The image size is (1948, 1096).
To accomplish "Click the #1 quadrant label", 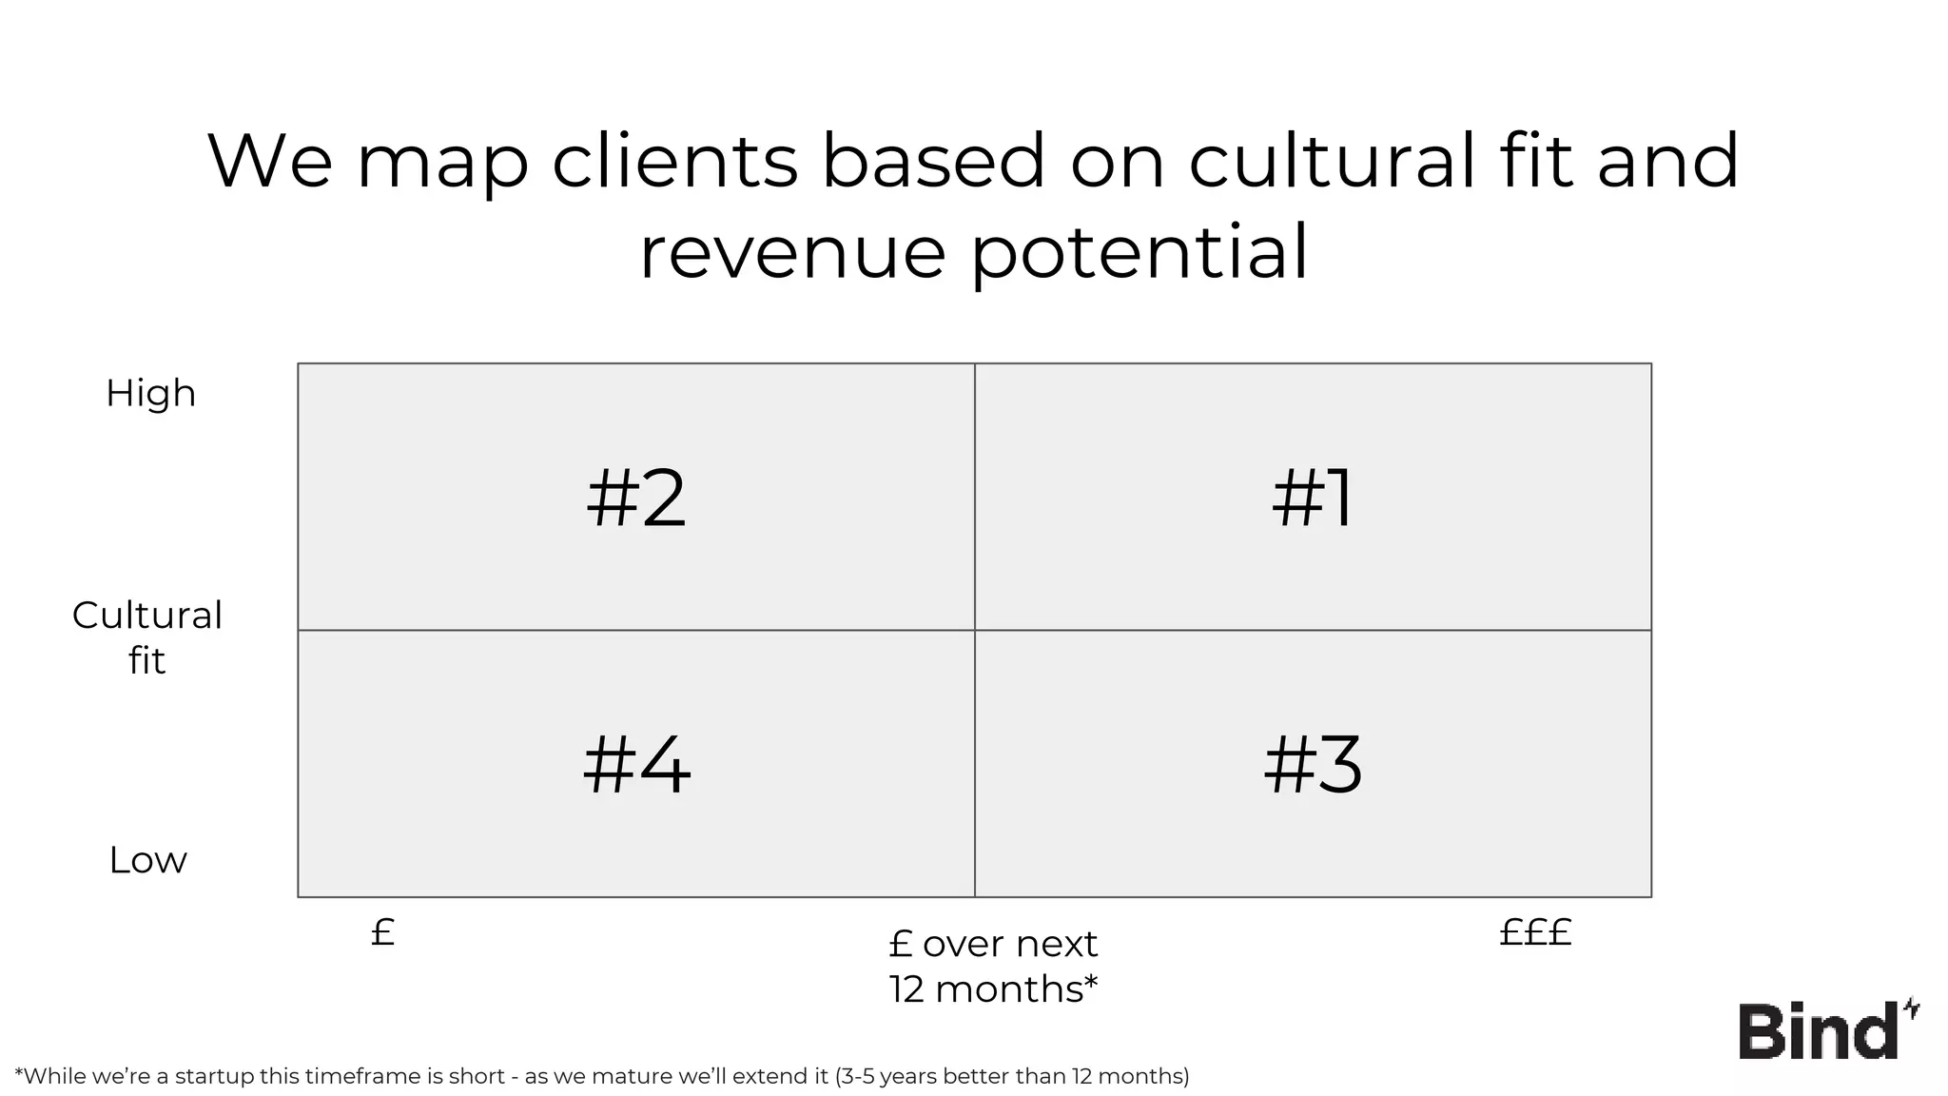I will tap(1313, 499).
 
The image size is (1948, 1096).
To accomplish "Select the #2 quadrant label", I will tap(635, 499).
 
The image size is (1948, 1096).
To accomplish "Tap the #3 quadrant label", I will tap(1313, 766).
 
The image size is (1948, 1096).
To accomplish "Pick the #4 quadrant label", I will tap(636, 766).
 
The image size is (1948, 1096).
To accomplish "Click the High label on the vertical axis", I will tap(150, 393).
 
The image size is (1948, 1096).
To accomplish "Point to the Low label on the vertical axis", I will tap(147, 860).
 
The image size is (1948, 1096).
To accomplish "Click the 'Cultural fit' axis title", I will tap(147, 637).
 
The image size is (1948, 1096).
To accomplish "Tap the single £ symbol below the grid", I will tap(382, 932).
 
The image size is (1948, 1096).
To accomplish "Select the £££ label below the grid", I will tap(1535, 932).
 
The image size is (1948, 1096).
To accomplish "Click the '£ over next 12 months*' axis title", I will tap(993, 966).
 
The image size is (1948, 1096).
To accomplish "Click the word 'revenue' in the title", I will tap(792, 252).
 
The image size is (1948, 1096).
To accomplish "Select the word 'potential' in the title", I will tap(1140, 252).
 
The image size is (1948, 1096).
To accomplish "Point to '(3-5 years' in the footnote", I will tap(886, 1076).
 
